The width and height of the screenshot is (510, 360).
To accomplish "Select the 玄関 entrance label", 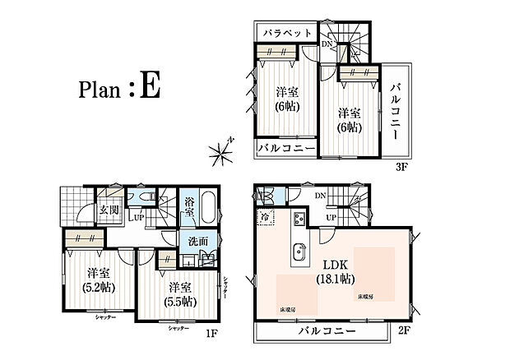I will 109,210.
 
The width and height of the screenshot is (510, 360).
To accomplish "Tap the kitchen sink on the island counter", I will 299,251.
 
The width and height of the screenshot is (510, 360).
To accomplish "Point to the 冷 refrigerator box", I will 266,216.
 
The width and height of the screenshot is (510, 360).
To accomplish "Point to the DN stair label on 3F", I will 327,44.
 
